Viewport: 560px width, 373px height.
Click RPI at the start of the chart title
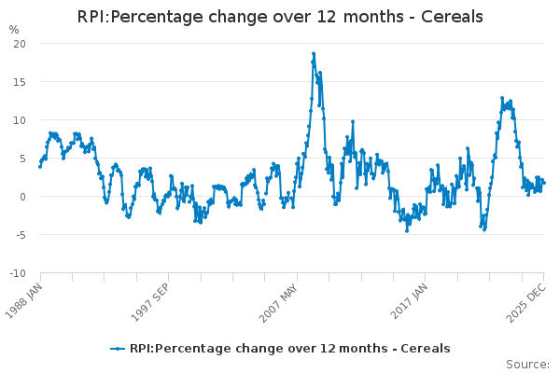(x=93, y=17)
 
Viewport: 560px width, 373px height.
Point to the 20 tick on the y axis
(x=19, y=44)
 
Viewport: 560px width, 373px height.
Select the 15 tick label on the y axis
(x=19, y=82)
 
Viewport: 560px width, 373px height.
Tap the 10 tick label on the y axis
(x=19, y=120)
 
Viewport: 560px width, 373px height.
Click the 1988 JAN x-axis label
(x=27, y=300)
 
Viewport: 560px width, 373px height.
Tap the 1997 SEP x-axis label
(x=154, y=300)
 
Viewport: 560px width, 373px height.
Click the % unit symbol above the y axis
(x=13, y=30)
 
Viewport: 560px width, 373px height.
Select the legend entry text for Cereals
(x=289, y=349)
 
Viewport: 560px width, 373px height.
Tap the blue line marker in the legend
(x=118, y=349)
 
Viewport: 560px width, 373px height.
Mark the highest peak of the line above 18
(x=314, y=54)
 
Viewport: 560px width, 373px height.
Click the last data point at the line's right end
(x=543, y=182)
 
